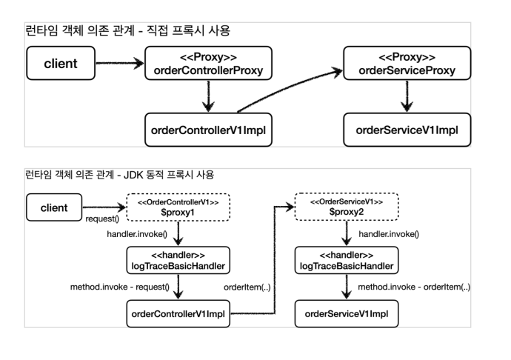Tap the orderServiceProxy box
406,64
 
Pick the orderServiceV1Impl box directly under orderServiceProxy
406,129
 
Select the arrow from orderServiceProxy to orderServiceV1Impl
406,96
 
